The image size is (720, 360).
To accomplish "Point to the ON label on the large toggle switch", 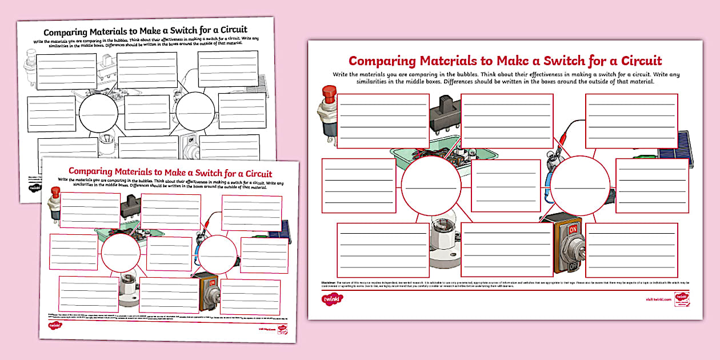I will click(572, 228).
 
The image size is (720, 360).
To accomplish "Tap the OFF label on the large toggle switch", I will click(572, 265).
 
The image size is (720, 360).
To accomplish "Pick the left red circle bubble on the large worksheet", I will click(430, 184).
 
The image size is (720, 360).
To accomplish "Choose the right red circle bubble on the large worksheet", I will click(579, 184).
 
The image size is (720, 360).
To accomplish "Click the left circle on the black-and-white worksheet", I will click(97, 113).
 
